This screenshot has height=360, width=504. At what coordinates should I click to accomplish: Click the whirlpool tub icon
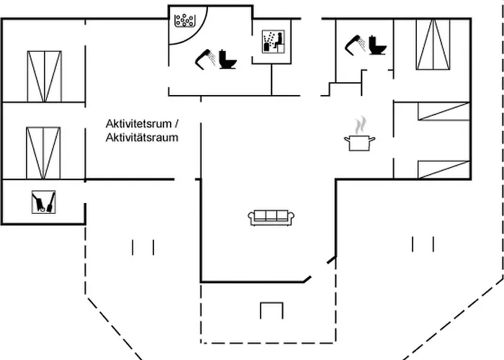tap(186, 19)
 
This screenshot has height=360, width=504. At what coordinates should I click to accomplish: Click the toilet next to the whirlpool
tap(229, 58)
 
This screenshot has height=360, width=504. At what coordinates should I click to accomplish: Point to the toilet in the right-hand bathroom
tap(377, 45)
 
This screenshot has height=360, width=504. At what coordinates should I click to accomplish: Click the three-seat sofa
tap(271, 216)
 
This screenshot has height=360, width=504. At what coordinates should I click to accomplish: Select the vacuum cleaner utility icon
tap(44, 202)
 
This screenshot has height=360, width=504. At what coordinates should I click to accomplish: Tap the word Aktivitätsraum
tap(142, 138)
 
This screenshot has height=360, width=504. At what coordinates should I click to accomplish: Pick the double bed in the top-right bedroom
tap(433, 45)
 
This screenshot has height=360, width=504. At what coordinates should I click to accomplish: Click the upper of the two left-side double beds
tap(44, 77)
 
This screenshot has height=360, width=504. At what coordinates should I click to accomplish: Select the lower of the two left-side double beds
tap(43, 153)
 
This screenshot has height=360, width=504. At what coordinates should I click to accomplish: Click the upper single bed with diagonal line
tap(443, 111)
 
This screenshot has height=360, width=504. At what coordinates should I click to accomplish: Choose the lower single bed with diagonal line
tap(443, 169)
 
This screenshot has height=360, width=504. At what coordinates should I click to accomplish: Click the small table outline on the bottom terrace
tap(271, 310)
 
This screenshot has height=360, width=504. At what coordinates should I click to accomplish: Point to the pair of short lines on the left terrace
tap(143, 248)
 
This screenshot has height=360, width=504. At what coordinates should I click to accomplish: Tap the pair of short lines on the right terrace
tap(423, 244)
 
